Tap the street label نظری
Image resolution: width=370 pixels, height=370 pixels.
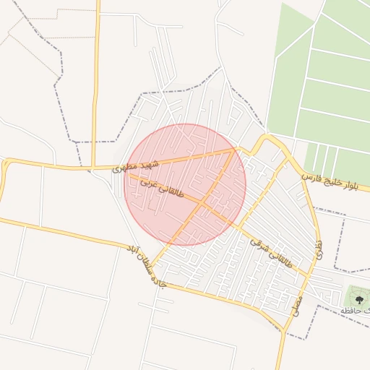pyautogui.click(x=319, y=250)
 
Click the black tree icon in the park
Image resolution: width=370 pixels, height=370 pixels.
pyautogui.click(x=356, y=296)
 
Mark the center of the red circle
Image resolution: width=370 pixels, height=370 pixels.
pyautogui.click(x=186, y=184)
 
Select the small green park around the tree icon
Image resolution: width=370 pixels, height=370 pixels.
pyautogui.click(x=357, y=298)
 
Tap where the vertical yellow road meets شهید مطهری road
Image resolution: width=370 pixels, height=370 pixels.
pyautogui.click(x=95, y=167)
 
